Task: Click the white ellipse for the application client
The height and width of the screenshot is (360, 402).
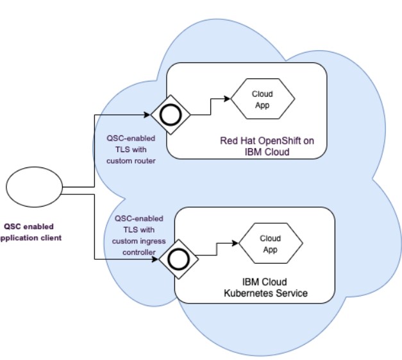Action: pos(34,187)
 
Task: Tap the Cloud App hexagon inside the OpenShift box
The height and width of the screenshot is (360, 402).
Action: pos(262,99)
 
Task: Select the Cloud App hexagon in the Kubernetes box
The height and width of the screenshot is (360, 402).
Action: pos(270,244)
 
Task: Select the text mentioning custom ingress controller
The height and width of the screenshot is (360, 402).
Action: pos(138,235)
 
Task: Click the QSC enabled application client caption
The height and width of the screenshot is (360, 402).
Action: pos(31,232)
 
